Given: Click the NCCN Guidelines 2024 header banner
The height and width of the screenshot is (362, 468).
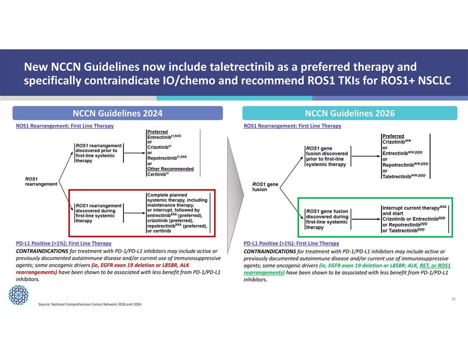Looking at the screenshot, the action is point(117,113).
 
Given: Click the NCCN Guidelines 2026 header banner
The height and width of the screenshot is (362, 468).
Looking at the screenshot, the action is point(350,113).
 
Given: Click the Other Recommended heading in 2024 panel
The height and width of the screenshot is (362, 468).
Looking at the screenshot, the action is point(171,169).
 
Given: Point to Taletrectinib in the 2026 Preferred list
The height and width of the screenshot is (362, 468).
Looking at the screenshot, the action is point(397,177).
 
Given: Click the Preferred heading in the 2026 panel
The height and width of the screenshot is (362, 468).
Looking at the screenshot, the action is point(393,136).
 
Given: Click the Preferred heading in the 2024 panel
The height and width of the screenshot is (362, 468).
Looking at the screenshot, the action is point(157,132).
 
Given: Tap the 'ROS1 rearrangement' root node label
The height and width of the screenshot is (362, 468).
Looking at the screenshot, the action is point(41,181).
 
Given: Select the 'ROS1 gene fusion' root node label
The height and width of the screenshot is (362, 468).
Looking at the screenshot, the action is point(265,187).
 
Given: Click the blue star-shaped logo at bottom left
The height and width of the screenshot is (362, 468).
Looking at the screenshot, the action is point(19,295).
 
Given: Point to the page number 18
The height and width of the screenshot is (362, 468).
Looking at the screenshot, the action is point(453,299).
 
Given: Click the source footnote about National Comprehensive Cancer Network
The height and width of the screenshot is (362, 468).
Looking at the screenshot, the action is point(90,304).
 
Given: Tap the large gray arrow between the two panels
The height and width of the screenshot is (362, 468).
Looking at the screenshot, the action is point(235,195).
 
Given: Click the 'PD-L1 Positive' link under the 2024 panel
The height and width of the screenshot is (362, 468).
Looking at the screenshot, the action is point(63,243).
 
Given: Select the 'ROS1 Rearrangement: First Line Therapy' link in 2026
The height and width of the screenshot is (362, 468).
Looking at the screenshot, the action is point(292,126).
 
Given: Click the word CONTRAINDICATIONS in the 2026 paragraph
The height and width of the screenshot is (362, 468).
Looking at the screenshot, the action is point(269,252).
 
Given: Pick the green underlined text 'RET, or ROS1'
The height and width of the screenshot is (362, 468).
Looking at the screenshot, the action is point(435,266).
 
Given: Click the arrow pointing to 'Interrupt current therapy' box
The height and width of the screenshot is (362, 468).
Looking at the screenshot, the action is point(367,219).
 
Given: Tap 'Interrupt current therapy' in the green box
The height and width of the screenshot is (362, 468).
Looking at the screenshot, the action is point(411,208).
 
